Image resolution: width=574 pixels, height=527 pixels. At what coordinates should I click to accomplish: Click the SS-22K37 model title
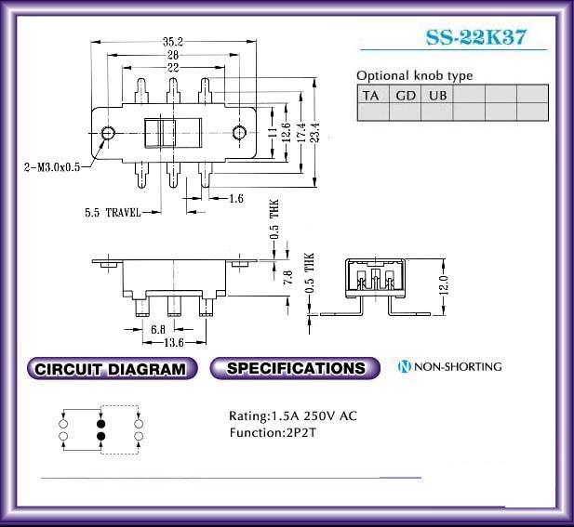coord(476,37)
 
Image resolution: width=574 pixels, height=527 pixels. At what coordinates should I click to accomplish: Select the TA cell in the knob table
coord(373,95)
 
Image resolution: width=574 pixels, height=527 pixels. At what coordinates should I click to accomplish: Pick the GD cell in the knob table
coord(406,95)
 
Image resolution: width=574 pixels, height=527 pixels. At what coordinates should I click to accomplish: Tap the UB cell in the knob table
coord(437,95)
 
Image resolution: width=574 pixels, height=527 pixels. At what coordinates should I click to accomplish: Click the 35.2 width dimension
coord(173,42)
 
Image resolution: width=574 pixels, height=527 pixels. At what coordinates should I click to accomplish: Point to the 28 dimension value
coord(173,55)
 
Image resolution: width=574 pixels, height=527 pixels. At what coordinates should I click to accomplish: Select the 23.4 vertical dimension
coord(315,132)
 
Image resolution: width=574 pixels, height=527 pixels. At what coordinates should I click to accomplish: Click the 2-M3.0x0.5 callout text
coord(52,167)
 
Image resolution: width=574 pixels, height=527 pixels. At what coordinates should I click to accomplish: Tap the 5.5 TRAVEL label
coord(113,212)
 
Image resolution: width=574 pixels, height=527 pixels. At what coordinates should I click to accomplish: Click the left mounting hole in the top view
coord(108,133)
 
